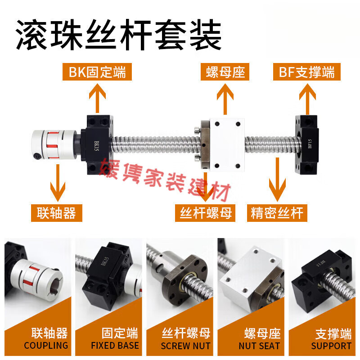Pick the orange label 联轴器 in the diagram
pos(57,212)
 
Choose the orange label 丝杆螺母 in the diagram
pos(206,212)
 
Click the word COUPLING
pos(46,346)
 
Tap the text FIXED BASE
pos(115,346)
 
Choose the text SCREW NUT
pos(185,346)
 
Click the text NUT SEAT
pos(259,346)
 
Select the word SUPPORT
pos(331,346)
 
